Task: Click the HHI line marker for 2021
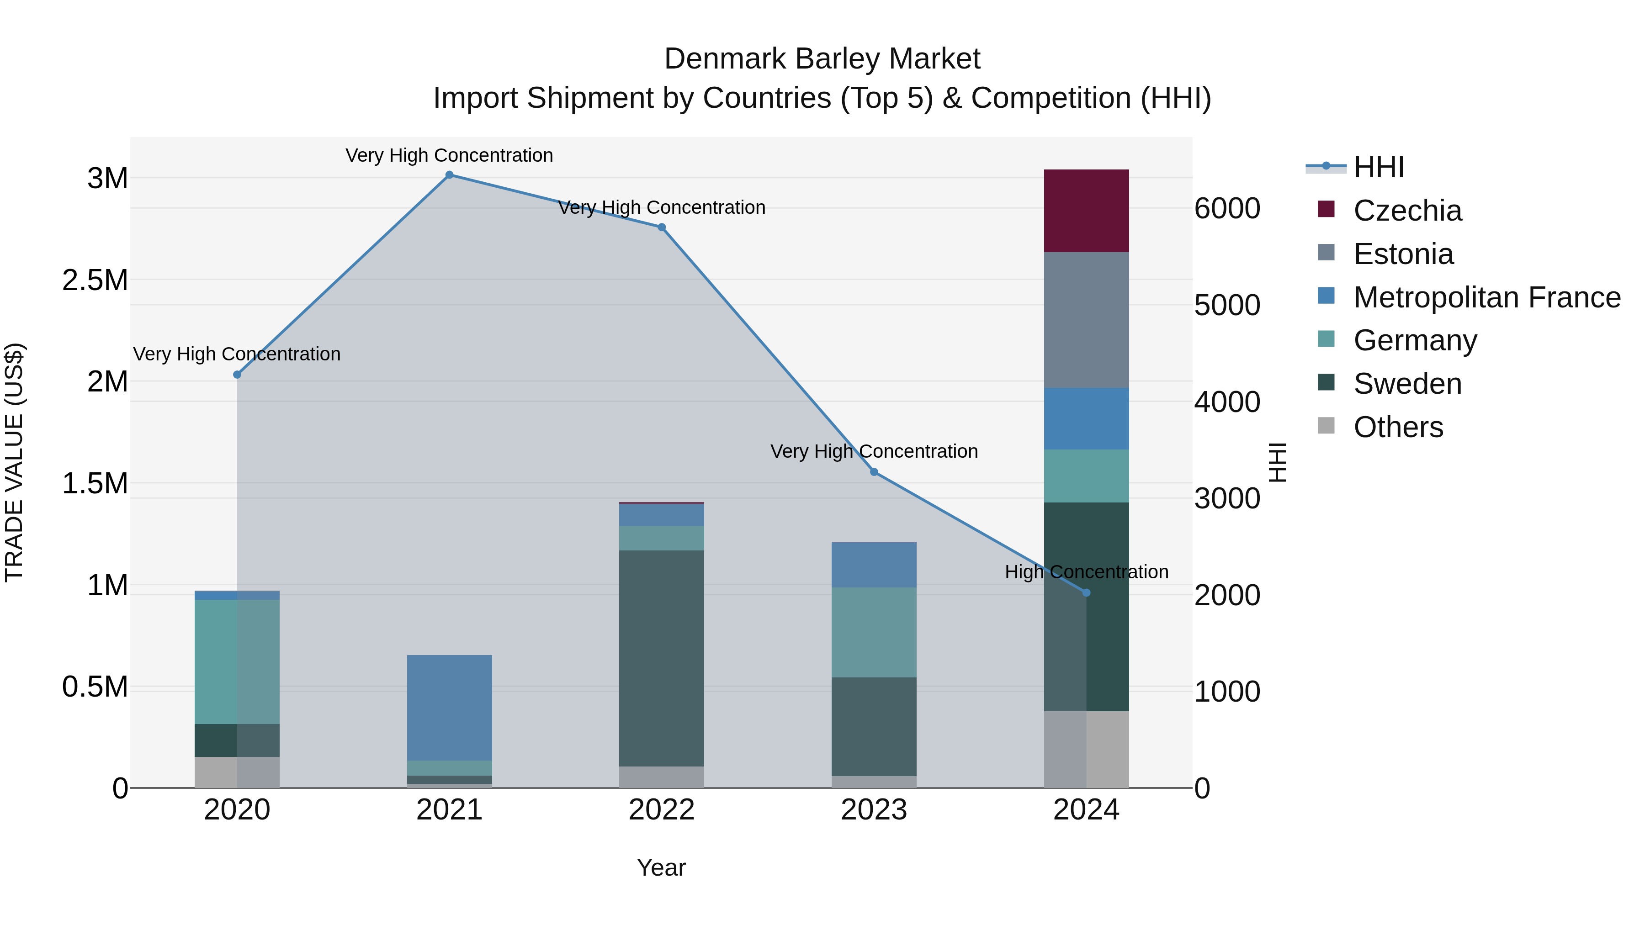point(450,175)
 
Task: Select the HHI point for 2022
point(662,227)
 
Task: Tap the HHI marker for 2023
point(874,472)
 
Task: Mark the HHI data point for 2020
point(237,375)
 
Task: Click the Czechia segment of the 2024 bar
point(1086,211)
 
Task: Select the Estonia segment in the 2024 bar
point(1086,320)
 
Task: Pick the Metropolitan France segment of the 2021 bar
point(450,707)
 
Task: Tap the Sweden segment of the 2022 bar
point(662,657)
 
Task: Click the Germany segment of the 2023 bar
point(874,632)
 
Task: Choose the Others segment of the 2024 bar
point(1086,750)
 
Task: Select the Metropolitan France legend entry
point(1486,297)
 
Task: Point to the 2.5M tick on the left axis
point(95,280)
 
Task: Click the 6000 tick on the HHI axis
point(1227,209)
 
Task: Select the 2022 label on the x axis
point(662,810)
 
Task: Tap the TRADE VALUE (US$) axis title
point(14,462)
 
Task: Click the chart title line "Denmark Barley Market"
point(822,59)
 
